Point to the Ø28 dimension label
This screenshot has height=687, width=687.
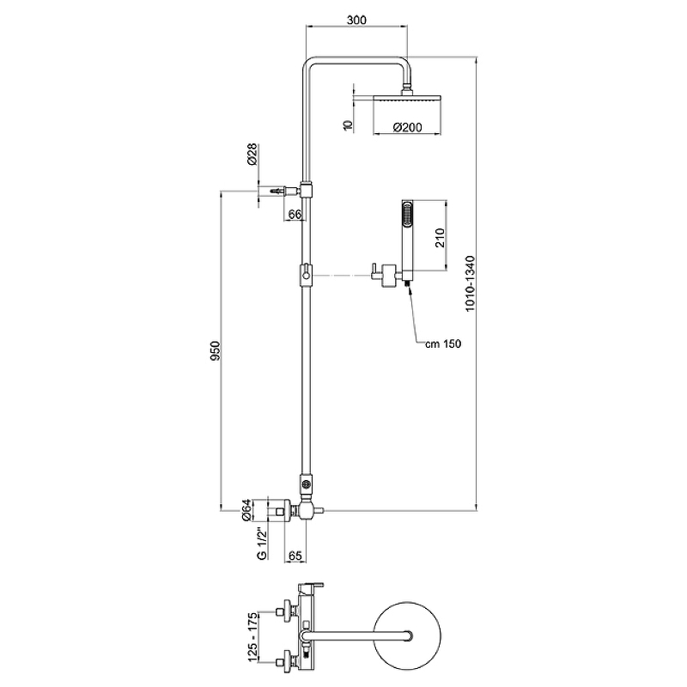pos(252,155)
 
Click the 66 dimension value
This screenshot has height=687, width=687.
pos(295,215)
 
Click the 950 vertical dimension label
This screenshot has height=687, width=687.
pos(217,352)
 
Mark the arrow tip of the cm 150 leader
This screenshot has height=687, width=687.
pos(410,288)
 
